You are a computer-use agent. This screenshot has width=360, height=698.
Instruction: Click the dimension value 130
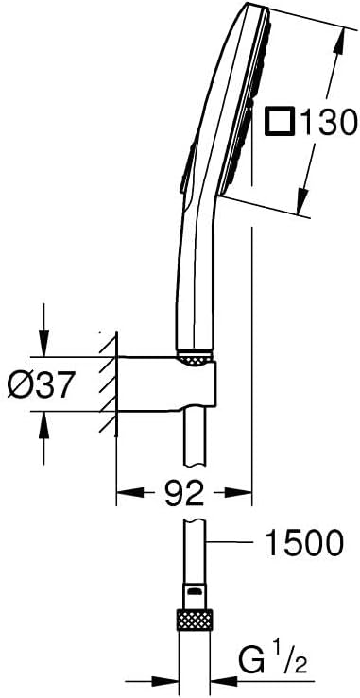pos(328,122)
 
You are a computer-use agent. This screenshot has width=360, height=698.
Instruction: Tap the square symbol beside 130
pos(280,121)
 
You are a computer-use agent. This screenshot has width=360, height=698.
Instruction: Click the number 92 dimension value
pos(183,493)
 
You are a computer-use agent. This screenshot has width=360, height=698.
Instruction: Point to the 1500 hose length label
pos(304,542)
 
